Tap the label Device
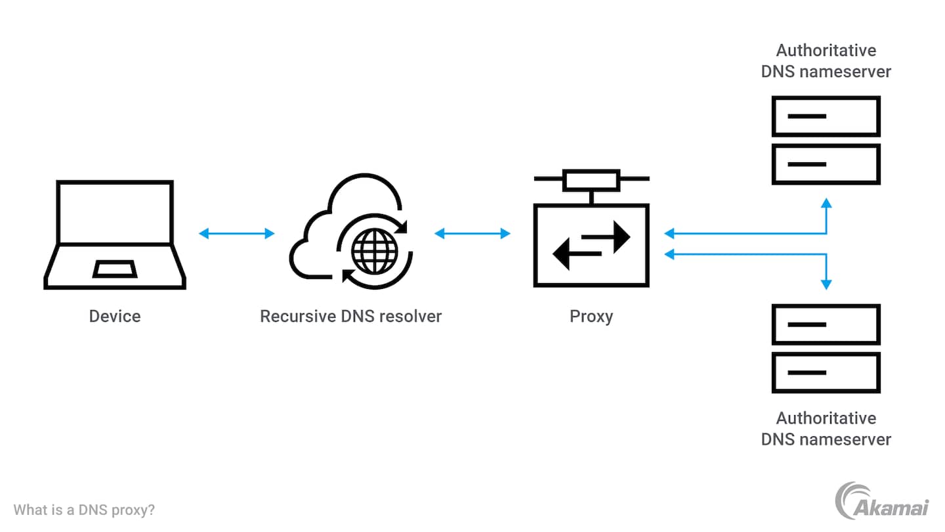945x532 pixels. (115, 317)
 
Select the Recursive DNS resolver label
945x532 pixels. (351, 317)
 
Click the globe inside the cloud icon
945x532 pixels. (375, 252)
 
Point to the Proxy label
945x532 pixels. (591, 317)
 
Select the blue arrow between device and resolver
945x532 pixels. (237, 233)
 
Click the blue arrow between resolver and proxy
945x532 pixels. (472, 233)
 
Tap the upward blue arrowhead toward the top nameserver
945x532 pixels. (826, 203)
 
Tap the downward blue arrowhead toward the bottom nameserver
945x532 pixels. (826, 284)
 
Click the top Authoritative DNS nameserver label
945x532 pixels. (826, 61)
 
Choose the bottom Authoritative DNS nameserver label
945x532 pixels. (826, 429)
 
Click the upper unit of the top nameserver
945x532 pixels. (826, 116)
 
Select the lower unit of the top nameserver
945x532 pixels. (826, 164)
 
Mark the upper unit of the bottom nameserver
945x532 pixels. (826, 324)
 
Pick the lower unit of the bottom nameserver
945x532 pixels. (826, 372)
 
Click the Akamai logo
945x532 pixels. (882, 500)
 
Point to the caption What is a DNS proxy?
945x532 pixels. (84, 510)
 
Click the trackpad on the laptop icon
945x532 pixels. (115, 269)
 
